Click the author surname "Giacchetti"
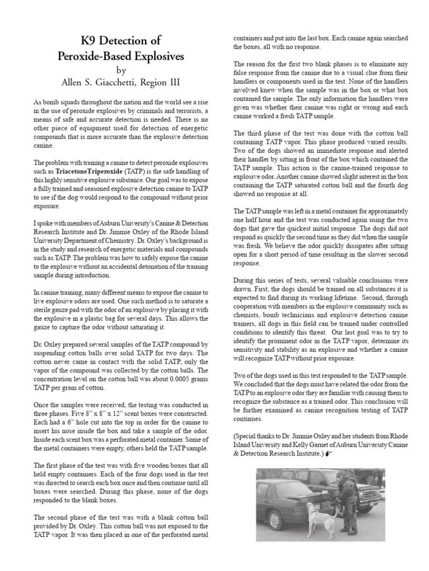126,83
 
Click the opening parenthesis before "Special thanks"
234,435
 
